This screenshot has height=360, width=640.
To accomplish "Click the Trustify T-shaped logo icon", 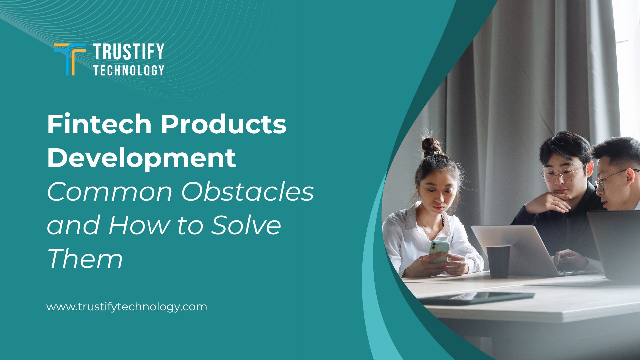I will point(70,59).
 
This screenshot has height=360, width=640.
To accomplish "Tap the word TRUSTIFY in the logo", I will point(129,52).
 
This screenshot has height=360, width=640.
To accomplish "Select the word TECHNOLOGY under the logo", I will point(129,70).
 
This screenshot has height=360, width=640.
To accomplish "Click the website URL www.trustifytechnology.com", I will point(126,307).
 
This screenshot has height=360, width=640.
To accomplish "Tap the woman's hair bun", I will point(431,147).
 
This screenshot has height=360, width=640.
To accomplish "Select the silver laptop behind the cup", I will point(520,248).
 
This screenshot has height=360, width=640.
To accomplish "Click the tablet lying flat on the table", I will point(477,297).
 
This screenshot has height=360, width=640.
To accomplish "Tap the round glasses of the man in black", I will point(563,174).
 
